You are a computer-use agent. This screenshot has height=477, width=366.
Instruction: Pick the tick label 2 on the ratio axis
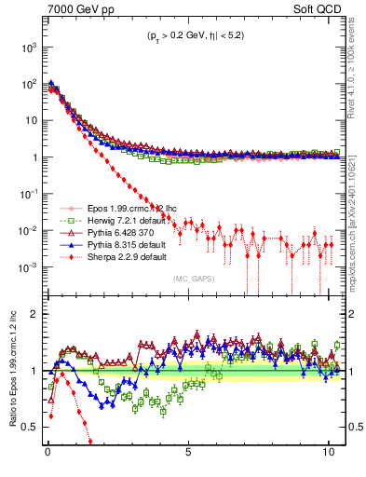coord(34,315)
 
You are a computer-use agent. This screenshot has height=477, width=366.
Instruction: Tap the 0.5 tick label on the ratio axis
coord(31,427)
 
